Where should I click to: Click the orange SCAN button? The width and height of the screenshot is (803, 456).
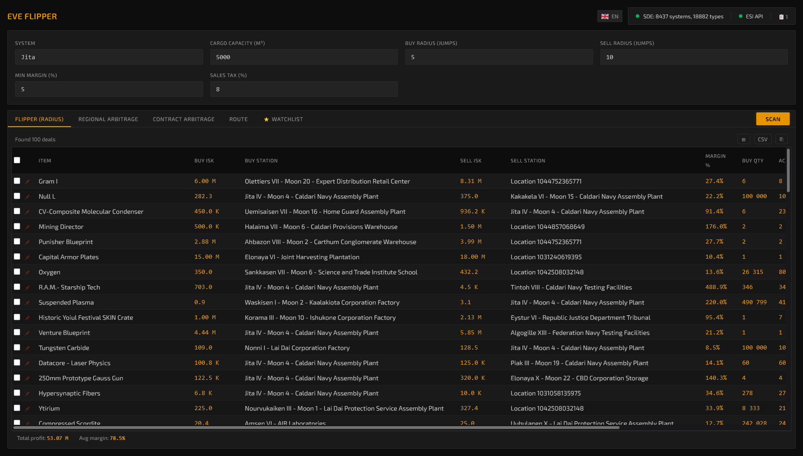tap(773, 119)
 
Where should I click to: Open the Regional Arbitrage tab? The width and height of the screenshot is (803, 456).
tap(108, 119)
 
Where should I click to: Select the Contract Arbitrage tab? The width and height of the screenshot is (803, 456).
tap(184, 119)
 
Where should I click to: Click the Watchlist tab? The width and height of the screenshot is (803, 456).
tap(283, 119)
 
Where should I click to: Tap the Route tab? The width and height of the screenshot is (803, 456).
tap(239, 119)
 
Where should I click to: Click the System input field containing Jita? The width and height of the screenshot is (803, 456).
tap(109, 57)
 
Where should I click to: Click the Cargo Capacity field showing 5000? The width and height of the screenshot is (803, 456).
tap(304, 57)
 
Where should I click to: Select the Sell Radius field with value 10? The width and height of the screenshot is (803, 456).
tap(694, 57)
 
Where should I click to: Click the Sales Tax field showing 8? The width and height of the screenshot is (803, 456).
tap(304, 89)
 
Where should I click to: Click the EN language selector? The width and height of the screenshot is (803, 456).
tap(610, 17)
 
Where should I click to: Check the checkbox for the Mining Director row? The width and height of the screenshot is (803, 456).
tap(17, 226)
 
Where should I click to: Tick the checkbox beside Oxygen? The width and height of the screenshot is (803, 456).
tap(17, 272)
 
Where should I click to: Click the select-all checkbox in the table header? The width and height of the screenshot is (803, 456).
tap(17, 160)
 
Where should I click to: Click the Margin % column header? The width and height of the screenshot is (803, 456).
tap(715, 161)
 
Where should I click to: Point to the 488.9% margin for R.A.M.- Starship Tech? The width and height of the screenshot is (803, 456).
tap(716, 287)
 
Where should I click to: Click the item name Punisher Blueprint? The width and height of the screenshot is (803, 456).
tap(66, 242)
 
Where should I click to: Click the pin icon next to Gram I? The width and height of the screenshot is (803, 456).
tap(27, 182)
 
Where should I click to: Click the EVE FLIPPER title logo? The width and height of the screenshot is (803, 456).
tap(32, 17)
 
